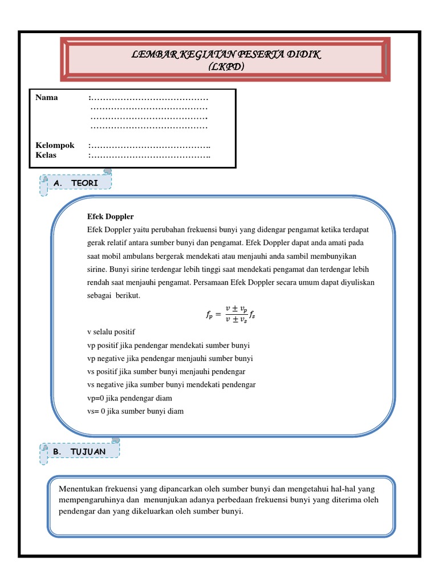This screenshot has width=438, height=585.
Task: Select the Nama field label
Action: coord(47,97)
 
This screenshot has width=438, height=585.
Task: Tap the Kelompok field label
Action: coord(55,146)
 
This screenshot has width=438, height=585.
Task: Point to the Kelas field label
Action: coord(46,155)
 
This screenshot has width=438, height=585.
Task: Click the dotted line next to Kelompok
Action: coord(151,146)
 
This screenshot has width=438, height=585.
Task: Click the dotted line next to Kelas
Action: coord(151,155)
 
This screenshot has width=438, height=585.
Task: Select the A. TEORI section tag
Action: coord(76,183)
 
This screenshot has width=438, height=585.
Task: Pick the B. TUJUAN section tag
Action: coord(80,451)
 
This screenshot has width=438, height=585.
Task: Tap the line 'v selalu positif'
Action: coord(111,332)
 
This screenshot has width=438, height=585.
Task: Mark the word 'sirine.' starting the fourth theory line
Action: coord(98,269)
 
